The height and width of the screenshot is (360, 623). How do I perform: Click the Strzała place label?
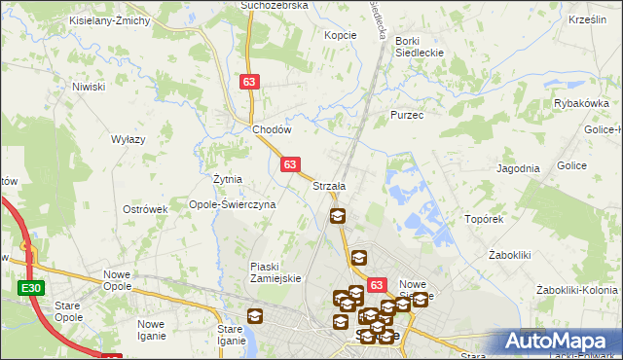click(x=329, y=186)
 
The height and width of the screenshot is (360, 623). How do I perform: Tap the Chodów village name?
click(x=272, y=129)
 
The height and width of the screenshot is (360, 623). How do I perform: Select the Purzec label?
click(x=406, y=115)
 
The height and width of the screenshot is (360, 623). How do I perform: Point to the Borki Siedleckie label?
click(x=420, y=47)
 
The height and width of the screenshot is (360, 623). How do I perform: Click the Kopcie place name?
click(x=340, y=34)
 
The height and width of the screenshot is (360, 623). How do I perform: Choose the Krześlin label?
click(x=587, y=19)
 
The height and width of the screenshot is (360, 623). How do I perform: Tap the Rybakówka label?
click(x=580, y=103)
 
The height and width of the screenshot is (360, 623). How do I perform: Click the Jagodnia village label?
click(x=518, y=168)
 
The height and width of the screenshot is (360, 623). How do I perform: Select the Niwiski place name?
click(x=88, y=87)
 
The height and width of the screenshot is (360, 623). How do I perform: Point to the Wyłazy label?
click(x=128, y=139)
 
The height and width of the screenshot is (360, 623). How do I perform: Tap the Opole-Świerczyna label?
click(x=233, y=205)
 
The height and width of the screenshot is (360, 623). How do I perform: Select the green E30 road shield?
click(x=29, y=288)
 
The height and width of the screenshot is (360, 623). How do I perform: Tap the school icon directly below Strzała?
click(x=337, y=217)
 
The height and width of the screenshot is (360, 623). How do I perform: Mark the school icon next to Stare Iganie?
click(x=254, y=316)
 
